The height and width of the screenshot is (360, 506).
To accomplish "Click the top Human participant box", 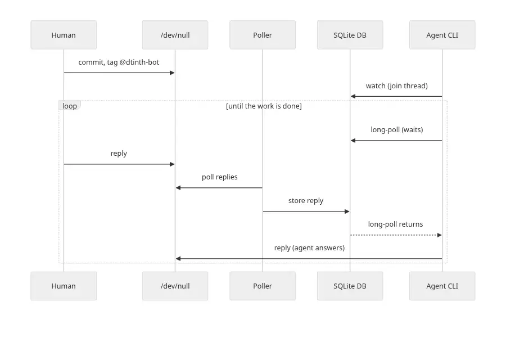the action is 64,35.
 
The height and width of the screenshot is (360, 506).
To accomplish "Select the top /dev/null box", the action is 175,35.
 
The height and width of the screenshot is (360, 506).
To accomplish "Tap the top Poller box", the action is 263,35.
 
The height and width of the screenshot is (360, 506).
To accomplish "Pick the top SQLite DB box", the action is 350,35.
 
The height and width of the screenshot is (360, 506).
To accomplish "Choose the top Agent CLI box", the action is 442,35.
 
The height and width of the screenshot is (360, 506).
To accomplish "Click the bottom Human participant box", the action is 64,286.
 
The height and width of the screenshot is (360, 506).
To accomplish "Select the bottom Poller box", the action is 263,286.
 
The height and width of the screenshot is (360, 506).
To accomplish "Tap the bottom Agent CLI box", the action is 442,286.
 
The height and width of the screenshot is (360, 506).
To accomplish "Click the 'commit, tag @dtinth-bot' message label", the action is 119,62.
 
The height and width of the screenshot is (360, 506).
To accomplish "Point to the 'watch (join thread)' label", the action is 396,86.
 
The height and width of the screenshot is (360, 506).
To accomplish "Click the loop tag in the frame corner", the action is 70,106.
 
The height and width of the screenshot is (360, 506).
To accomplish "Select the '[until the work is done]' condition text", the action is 264,106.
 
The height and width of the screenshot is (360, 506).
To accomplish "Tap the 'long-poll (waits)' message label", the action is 396,130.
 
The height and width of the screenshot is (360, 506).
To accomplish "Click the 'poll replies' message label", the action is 220,177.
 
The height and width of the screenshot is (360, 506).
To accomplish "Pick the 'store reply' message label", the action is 306,201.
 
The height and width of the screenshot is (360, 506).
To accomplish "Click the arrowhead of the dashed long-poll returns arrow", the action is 440,235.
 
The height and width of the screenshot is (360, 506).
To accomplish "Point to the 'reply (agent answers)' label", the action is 309,248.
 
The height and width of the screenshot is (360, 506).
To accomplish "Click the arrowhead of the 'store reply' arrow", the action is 347,211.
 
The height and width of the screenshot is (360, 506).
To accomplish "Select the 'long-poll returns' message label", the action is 395,224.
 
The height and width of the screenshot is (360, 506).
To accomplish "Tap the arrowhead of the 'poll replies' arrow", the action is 178,187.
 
